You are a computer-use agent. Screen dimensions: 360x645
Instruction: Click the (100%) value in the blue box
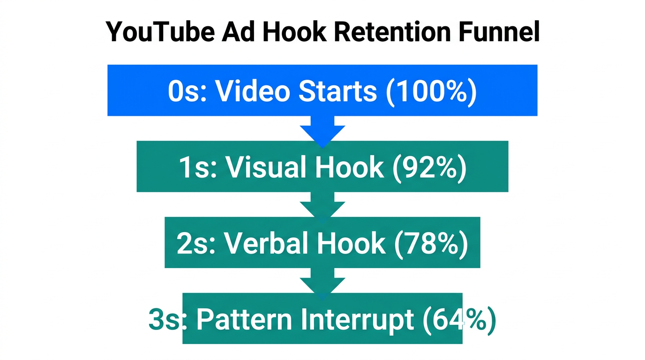click(x=431, y=91)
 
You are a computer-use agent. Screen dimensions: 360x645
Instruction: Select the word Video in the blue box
click(x=253, y=91)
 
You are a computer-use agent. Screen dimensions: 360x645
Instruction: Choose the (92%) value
click(x=428, y=167)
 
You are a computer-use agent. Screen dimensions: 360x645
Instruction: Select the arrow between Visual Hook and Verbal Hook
click(x=322, y=206)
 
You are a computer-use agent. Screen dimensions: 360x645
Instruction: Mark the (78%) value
click(x=430, y=244)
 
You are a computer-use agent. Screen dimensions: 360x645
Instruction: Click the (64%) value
click(x=458, y=320)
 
